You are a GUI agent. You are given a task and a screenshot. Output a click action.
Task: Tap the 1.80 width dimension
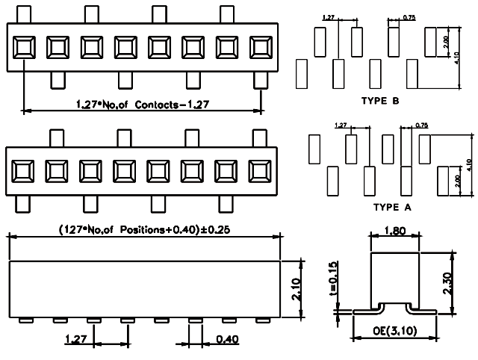point(394,232)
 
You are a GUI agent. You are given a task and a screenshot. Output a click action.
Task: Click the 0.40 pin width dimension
point(228,340)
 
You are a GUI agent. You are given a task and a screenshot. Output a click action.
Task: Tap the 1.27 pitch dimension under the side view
point(76,340)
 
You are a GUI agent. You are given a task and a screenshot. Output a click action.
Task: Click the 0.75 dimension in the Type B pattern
point(409,16)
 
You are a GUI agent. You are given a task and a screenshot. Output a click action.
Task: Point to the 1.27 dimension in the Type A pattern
point(341,125)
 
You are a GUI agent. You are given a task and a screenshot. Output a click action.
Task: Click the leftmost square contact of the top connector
point(24,47)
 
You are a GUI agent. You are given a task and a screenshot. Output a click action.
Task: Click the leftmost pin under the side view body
point(26,320)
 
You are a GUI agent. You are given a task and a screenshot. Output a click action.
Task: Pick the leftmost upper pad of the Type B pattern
point(320,40)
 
